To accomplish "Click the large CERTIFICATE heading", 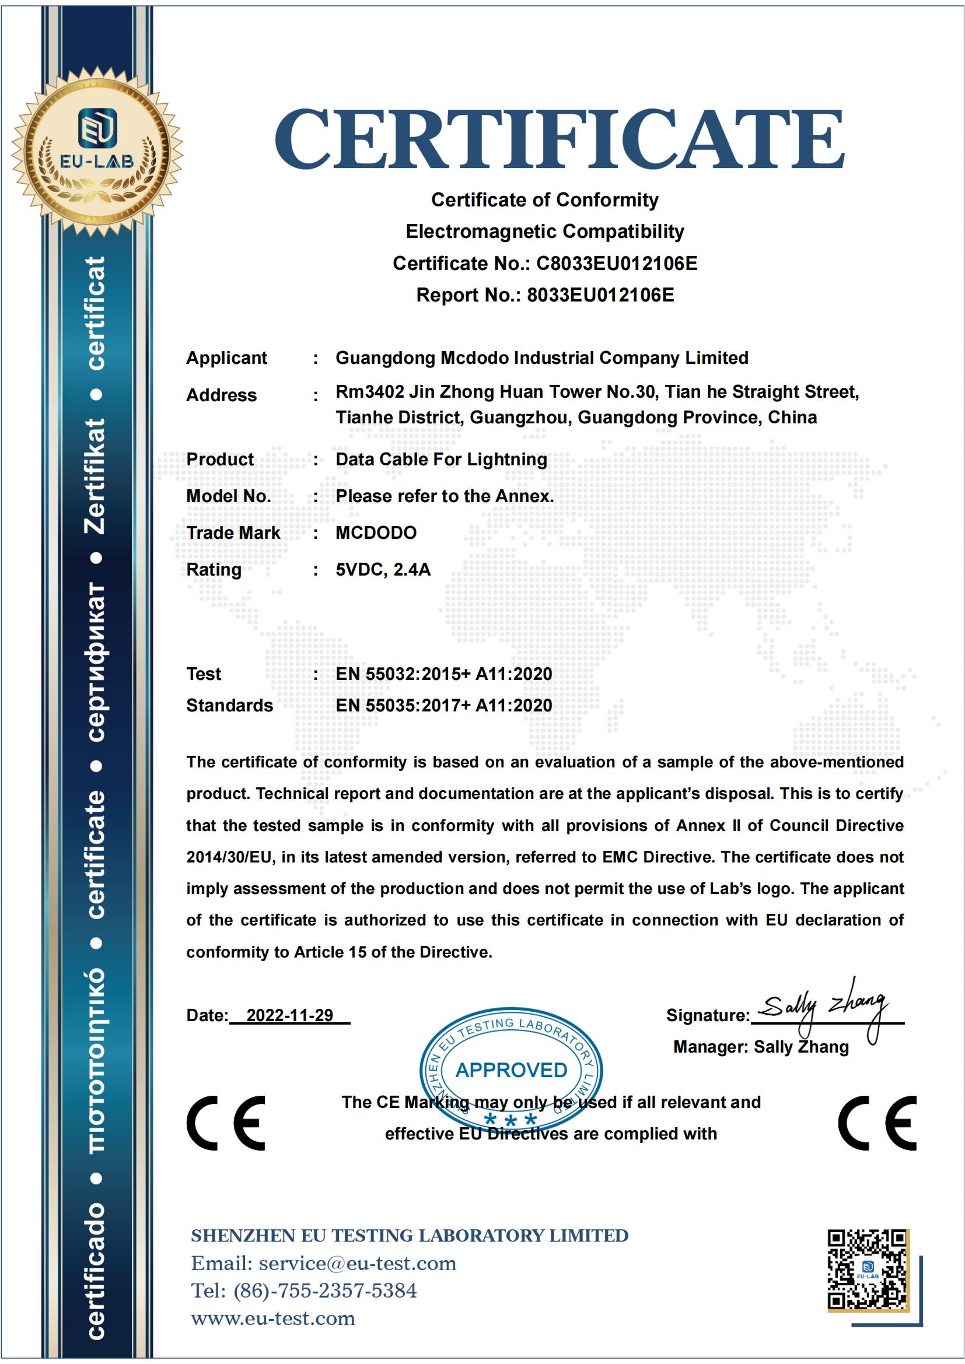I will (558, 138).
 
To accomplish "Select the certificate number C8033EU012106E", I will (617, 263).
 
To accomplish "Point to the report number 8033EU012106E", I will (601, 294).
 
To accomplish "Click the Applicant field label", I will (226, 357).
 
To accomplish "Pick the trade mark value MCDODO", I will (376, 532).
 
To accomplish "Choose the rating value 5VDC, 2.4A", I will (383, 569).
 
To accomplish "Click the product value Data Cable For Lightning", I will (441, 459).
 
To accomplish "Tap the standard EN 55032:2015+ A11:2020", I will (444, 674).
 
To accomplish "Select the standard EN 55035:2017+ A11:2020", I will (444, 705).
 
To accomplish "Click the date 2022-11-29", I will (289, 1015).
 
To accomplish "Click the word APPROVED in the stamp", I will (511, 1070).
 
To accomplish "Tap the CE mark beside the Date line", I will (226, 1123).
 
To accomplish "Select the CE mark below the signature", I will (877, 1123).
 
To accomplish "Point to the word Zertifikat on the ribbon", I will (97, 475).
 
